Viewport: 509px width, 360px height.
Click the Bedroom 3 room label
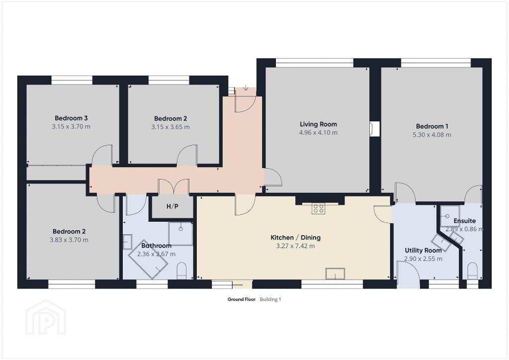tap(71, 118)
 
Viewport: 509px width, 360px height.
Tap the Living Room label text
tap(318, 124)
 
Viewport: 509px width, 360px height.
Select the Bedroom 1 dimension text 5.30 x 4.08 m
tap(432, 135)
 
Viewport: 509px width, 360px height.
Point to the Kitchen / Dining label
tap(295, 237)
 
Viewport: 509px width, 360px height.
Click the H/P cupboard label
tap(172, 206)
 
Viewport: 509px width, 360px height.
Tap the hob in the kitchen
tap(318, 209)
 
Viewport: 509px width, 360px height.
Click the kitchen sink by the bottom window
tap(336, 273)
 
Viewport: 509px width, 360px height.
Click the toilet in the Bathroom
tap(181, 271)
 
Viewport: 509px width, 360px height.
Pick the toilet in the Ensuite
tap(472, 271)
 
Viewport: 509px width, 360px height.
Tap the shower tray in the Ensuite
tap(449, 216)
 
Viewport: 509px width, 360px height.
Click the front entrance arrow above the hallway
tap(246, 88)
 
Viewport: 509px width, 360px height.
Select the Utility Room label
tap(423, 250)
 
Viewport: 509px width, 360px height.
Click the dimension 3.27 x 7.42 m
tap(295, 246)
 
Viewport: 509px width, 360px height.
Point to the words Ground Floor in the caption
tap(242, 299)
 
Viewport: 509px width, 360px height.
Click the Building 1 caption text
tap(270, 299)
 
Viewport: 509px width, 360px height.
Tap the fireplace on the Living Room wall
tap(375, 129)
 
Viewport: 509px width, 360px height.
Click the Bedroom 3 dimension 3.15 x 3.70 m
tap(71, 127)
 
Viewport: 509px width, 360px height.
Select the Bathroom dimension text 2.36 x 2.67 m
tap(156, 254)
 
